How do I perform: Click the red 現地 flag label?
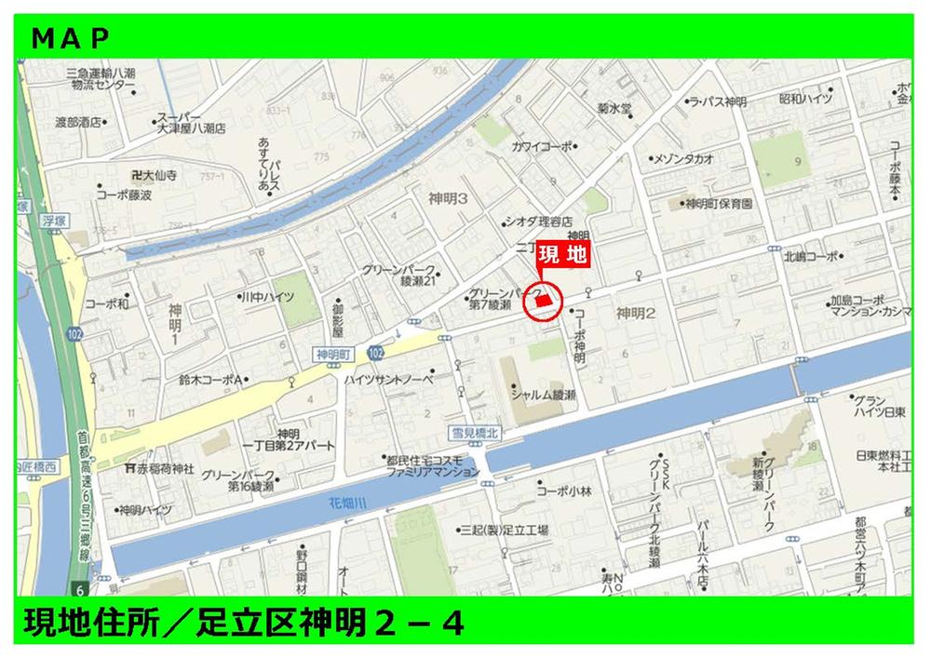coord(563,255)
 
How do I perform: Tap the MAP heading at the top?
coord(71,37)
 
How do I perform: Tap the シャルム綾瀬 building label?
coord(543,395)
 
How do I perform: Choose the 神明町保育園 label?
coord(719,203)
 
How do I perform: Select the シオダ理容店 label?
coord(537,222)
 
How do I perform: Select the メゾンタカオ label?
coord(685,158)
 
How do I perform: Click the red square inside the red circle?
coord(544,300)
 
